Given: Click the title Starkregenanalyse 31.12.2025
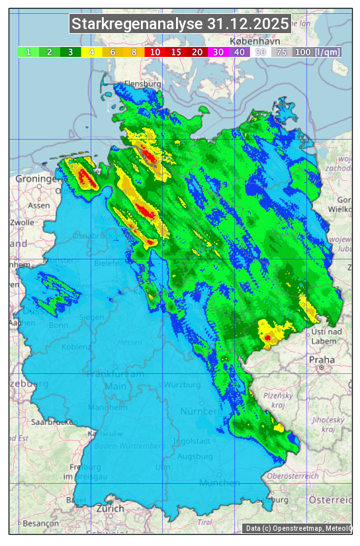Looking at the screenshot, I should pyautogui.click(x=180, y=24).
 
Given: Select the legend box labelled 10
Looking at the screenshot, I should pyautogui.click(x=154, y=52).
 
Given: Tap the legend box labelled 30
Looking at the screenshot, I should pyautogui.click(x=218, y=52).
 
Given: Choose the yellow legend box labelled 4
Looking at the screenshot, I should pyautogui.click(x=91, y=52).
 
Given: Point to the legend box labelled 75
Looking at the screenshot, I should pyautogui.click(x=281, y=52).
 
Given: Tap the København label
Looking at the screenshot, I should pyautogui.click(x=250, y=41).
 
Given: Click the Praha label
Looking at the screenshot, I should pyautogui.click(x=321, y=359).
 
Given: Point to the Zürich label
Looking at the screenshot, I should pyautogui.click(x=110, y=508).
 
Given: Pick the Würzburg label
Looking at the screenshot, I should pyautogui.click(x=183, y=385).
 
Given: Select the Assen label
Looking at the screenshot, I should pyautogui.click(x=39, y=205).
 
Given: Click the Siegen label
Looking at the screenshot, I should pyautogui.click(x=91, y=317).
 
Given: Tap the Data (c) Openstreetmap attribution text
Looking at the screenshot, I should pyautogui.click(x=298, y=528).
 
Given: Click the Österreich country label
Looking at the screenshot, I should pyautogui.click(x=332, y=498).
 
